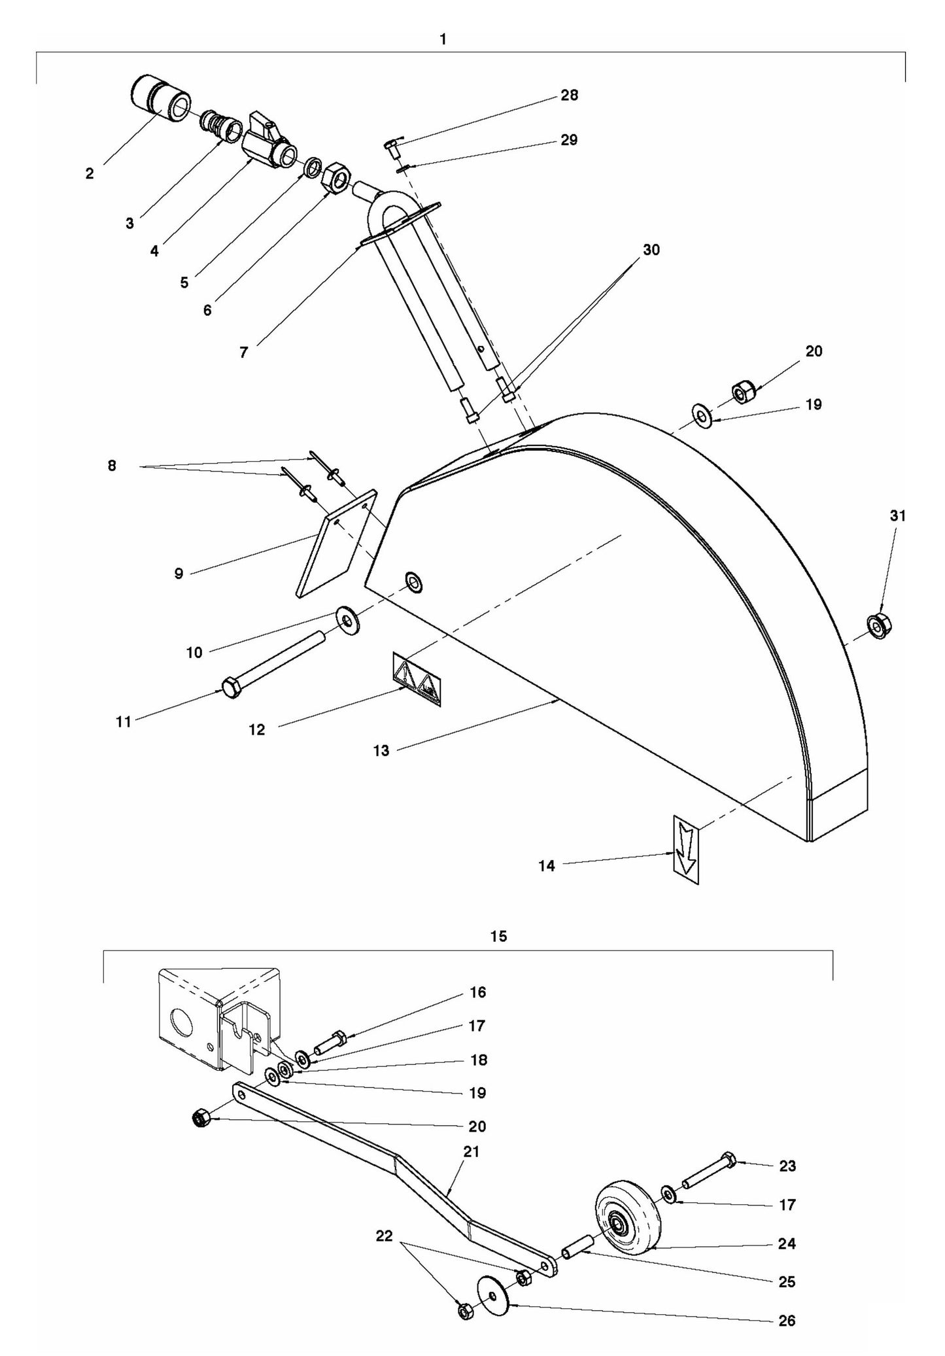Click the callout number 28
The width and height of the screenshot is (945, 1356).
pyautogui.click(x=569, y=96)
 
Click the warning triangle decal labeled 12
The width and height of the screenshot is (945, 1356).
pyautogui.click(x=417, y=679)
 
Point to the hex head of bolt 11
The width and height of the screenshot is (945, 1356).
pyautogui.click(x=231, y=688)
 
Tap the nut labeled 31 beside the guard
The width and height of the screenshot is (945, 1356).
pyautogui.click(x=878, y=626)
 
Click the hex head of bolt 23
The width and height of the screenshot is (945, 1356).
pyautogui.click(x=728, y=1160)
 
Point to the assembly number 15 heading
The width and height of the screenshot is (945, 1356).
pyautogui.click(x=498, y=937)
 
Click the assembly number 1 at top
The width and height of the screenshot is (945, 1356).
pyautogui.click(x=443, y=40)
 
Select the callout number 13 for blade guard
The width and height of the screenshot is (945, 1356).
pyautogui.click(x=381, y=751)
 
